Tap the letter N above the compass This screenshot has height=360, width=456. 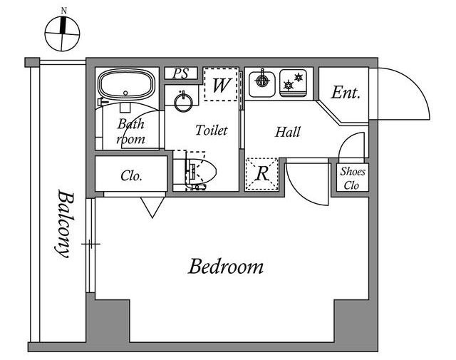click(64, 10)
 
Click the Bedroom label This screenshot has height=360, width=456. click(226, 267)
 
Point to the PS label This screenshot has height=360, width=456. click(182, 73)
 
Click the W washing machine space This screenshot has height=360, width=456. click(222, 86)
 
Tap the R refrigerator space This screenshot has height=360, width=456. click(261, 174)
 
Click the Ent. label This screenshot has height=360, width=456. click(346, 93)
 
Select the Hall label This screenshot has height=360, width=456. click(287, 132)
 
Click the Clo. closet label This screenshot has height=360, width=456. click(131, 175)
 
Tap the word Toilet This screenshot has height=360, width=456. click(212, 130)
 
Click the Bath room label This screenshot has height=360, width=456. click(131, 131)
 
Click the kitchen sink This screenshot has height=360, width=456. click(261, 81)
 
